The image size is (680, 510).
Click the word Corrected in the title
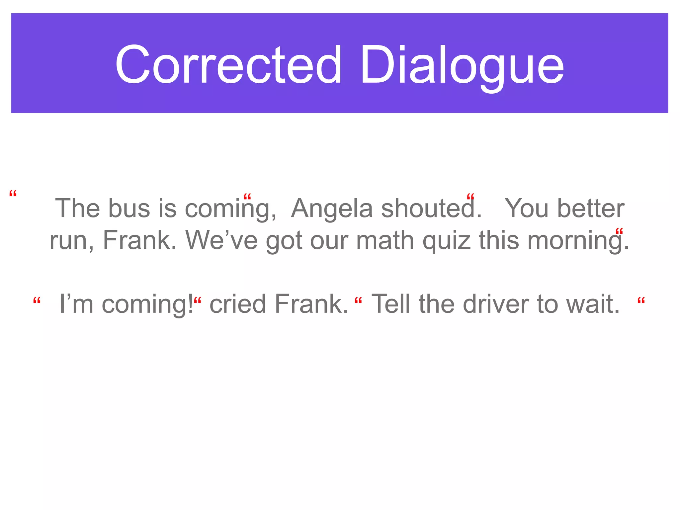228,64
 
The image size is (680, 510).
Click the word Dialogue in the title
462,65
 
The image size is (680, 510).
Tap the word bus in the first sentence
129,208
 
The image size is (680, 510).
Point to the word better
591,208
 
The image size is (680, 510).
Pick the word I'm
76,303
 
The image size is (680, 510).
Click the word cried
237,303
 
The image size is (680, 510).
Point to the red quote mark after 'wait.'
641,301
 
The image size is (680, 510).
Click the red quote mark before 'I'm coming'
37,301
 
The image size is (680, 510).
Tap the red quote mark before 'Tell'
358,301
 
